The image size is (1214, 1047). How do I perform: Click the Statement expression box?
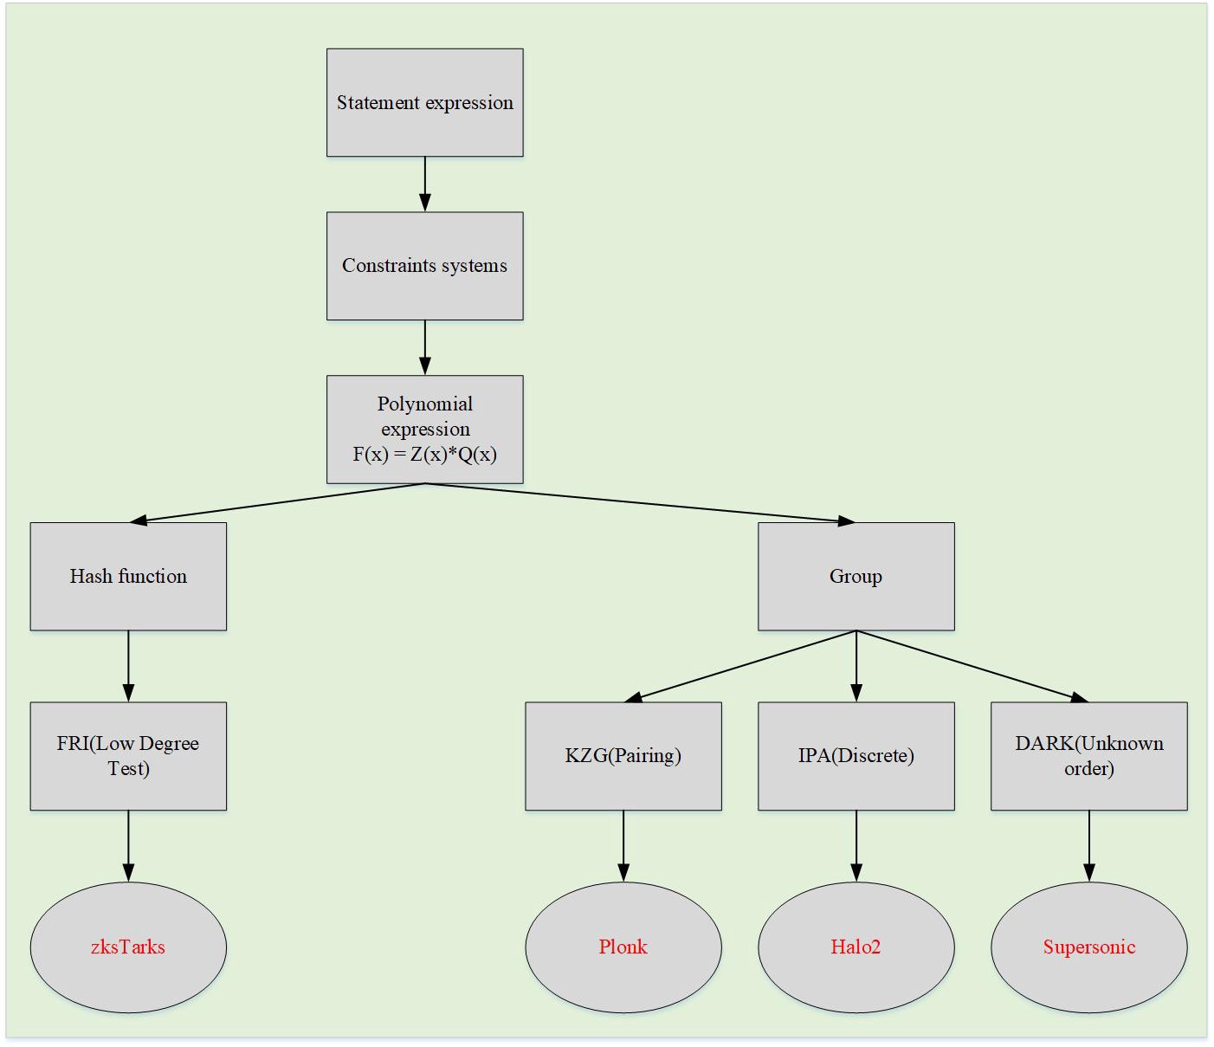point(424,102)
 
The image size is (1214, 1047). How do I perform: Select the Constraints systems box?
point(424,266)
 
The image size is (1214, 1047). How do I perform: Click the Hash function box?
point(128,576)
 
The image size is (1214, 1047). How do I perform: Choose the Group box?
point(856,576)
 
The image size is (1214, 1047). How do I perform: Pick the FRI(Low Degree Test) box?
point(128,756)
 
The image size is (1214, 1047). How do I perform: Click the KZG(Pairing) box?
point(623,756)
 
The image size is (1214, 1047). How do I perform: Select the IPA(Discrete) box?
point(856,756)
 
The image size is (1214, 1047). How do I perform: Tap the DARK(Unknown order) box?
point(1088,756)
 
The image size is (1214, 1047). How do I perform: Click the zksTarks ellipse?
point(128,947)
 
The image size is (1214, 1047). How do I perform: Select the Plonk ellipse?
point(623,947)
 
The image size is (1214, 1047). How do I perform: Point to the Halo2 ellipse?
point(856,947)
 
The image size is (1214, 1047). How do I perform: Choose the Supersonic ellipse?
point(1088,947)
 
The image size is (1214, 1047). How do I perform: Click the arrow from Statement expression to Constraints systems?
point(424,184)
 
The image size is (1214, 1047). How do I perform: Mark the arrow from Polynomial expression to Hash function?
point(277,503)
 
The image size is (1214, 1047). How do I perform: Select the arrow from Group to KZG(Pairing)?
point(740,665)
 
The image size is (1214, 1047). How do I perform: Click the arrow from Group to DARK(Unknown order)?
point(972,665)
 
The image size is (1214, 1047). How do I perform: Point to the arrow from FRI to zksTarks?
point(128,845)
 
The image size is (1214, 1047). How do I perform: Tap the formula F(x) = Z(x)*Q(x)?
point(424,455)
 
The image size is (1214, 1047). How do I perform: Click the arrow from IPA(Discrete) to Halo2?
point(856,845)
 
